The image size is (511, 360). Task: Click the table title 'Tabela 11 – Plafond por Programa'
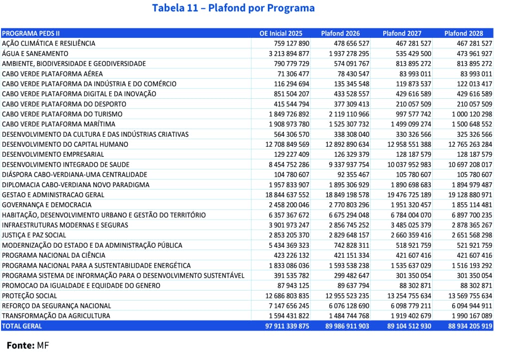(x=233, y=8)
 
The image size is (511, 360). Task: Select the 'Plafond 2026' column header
(x=340, y=33)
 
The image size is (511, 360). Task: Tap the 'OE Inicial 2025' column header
(x=281, y=33)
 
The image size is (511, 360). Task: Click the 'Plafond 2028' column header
(x=464, y=33)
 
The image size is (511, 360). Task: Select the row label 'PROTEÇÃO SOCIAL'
(x=29, y=296)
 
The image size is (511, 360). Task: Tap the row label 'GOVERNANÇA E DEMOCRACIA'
(x=47, y=205)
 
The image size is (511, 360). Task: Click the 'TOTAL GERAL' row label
(x=22, y=326)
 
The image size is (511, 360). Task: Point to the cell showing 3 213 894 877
(x=289, y=53)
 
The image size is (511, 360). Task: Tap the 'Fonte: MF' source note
(x=28, y=345)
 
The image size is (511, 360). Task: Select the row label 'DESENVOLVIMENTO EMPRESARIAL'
(x=53, y=154)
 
